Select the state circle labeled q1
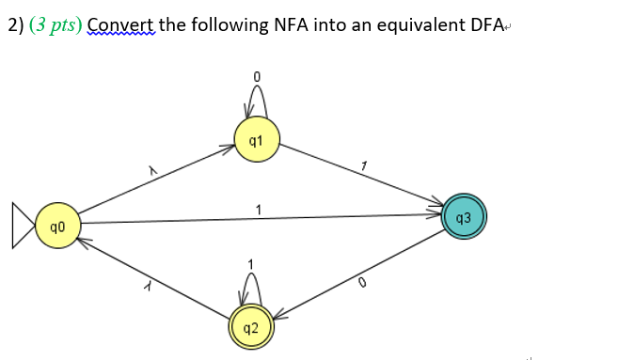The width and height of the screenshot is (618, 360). point(256,139)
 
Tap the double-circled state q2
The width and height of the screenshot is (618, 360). point(250,327)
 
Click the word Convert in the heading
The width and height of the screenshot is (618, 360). point(120,25)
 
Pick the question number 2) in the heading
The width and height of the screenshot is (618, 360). point(15,25)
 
